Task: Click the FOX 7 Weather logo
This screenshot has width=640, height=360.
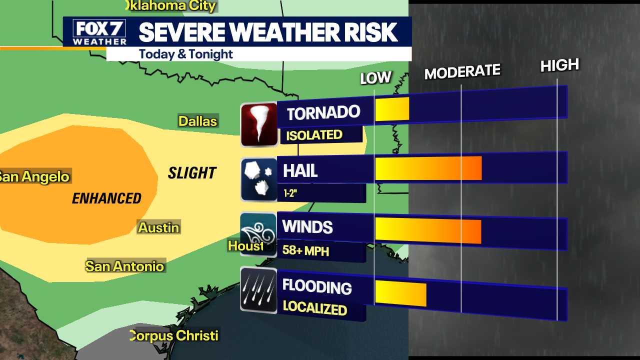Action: pyautogui.click(x=99, y=32)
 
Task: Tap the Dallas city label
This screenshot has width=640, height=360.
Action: pyautogui.click(x=198, y=121)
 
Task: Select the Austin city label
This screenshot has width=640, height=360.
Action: pyautogui.click(x=158, y=227)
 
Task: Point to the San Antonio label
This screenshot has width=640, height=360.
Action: pyautogui.click(x=125, y=266)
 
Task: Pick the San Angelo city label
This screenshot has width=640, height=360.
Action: pyautogui.click(x=34, y=176)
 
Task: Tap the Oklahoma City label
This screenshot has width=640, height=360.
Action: pyautogui.click(x=170, y=6)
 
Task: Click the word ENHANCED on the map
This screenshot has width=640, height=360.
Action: pyautogui.click(x=106, y=198)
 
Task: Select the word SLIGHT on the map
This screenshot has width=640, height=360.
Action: pyautogui.click(x=192, y=173)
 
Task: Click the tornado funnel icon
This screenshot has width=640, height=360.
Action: pyautogui.click(x=259, y=124)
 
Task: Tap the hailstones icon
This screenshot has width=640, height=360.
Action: pyautogui.click(x=259, y=179)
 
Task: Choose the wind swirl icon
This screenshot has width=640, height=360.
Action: pyautogui.click(x=258, y=234)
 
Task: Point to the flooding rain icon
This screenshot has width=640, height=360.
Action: pyautogui.click(x=258, y=290)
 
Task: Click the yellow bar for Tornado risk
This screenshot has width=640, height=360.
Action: pyautogui.click(x=392, y=109)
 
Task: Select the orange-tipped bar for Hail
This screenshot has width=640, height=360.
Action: pyautogui.click(x=428, y=168)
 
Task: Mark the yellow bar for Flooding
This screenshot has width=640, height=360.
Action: pyautogui.click(x=400, y=293)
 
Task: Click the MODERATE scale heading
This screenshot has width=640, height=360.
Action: pyautogui.click(x=462, y=72)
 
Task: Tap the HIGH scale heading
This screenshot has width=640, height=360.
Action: pyautogui.click(x=559, y=65)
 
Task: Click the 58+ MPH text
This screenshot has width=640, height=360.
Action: pyautogui.click(x=305, y=250)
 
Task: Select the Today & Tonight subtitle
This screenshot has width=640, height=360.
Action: pyautogui.click(x=186, y=54)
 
